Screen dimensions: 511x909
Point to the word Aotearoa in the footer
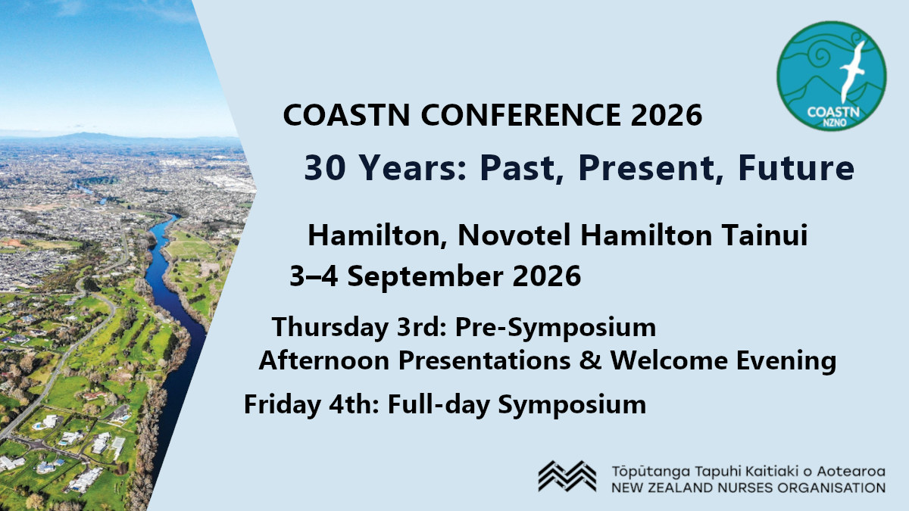pos(851,470)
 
